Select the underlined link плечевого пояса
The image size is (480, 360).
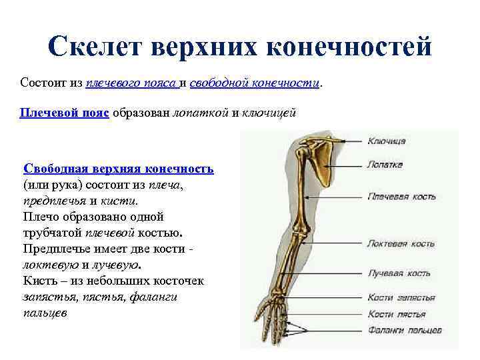[x=131, y=83]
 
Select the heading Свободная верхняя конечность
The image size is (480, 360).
[x=118, y=169]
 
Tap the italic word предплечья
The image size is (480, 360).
[x=55, y=200]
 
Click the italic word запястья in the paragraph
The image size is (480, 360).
[x=48, y=297]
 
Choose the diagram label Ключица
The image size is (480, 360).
[x=387, y=141]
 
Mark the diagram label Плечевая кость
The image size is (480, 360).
[x=401, y=197]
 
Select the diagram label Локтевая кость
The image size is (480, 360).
[x=401, y=244]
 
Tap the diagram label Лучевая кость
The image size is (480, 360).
[x=398, y=274]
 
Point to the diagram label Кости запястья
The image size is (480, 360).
[x=401, y=298]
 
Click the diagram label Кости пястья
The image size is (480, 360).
[x=397, y=313]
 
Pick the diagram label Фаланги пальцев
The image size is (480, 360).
[x=404, y=330]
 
